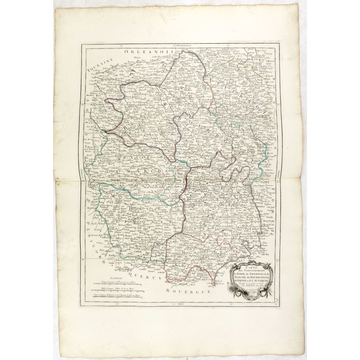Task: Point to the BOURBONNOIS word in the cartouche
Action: [263, 278]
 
